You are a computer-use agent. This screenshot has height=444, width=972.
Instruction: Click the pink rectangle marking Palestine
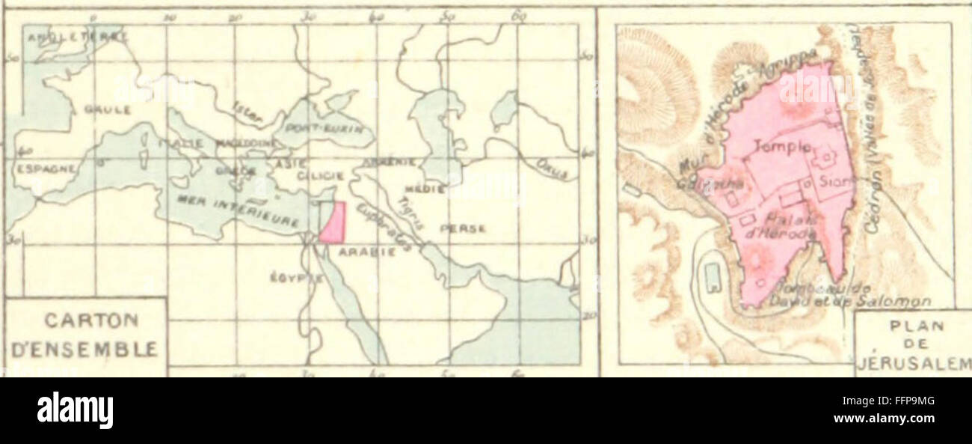point(333,222)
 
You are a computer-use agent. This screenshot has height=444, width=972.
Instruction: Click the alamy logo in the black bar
point(75,410)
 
